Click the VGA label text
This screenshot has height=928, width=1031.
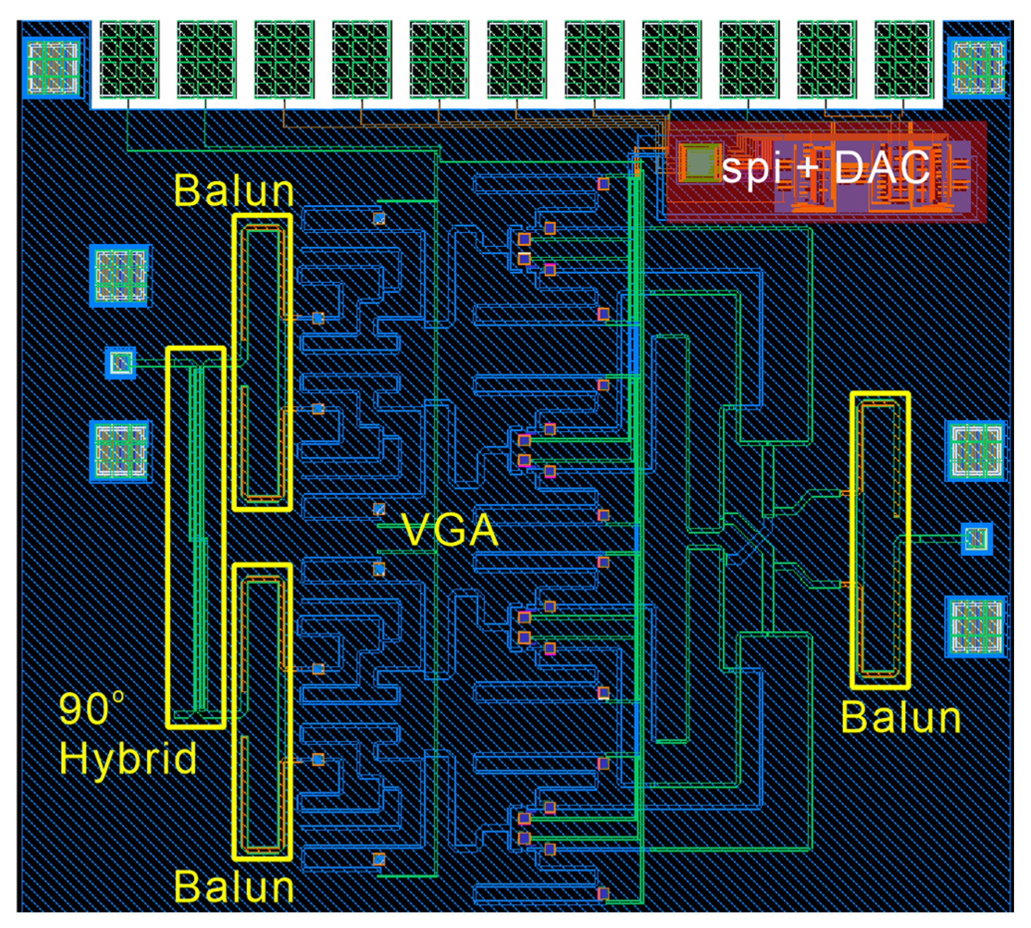tap(449, 530)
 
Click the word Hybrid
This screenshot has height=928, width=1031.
tap(128, 759)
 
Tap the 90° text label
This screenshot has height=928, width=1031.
tap(91, 709)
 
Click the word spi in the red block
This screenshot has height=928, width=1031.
tap(752, 168)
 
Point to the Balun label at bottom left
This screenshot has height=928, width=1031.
tap(234, 887)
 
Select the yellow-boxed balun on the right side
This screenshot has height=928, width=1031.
tap(880, 540)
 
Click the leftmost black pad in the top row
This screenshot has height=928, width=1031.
tap(129, 59)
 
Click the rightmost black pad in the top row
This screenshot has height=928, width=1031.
tap(903, 59)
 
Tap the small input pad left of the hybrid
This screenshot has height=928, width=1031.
tap(121, 363)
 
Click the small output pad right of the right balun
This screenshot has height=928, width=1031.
tap(976, 539)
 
